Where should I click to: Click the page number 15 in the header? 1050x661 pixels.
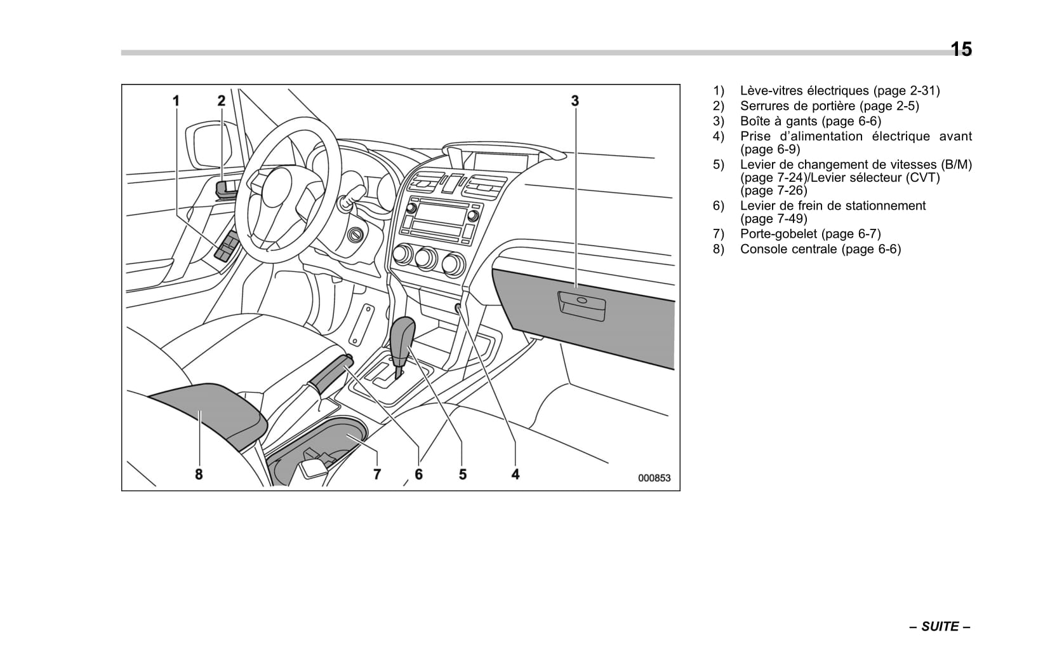click(x=960, y=49)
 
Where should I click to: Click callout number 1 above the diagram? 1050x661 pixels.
click(x=176, y=100)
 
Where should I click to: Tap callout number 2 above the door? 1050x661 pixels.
click(x=221, y=100)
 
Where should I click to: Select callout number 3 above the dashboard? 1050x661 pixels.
click(x=575, y=100)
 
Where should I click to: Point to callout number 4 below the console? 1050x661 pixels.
click(x=515, y=474)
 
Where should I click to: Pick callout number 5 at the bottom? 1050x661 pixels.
click(x=462, y=474)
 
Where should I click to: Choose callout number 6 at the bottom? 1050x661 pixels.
click(x=418, y=474)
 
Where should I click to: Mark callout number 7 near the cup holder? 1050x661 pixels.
click(x=377, y=474)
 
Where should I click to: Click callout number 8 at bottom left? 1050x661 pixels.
click(x=199, y=474)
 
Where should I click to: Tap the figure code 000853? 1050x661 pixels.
click(x=654, y=478)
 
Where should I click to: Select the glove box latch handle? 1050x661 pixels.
click(x=581, y=304)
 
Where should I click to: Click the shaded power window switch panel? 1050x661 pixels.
click(x=227, y=247)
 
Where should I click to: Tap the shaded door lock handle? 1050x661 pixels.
click(x=225, y=189)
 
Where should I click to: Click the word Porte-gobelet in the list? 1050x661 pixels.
click(x=778, y=234)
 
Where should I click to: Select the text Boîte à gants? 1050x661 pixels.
click(x=778, y=121)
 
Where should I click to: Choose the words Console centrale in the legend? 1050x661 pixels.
click(x=790, y=249)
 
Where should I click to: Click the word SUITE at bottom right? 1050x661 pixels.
click(x=940, y=627)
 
